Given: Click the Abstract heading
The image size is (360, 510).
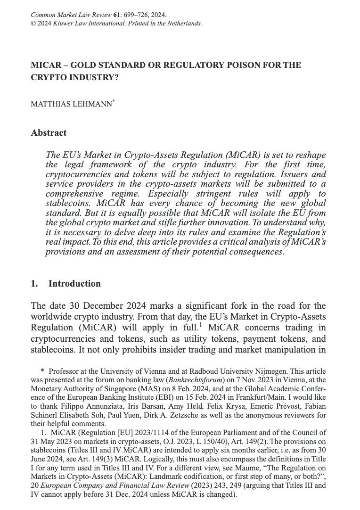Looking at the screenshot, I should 49,132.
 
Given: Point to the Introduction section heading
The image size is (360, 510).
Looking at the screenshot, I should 74,284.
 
